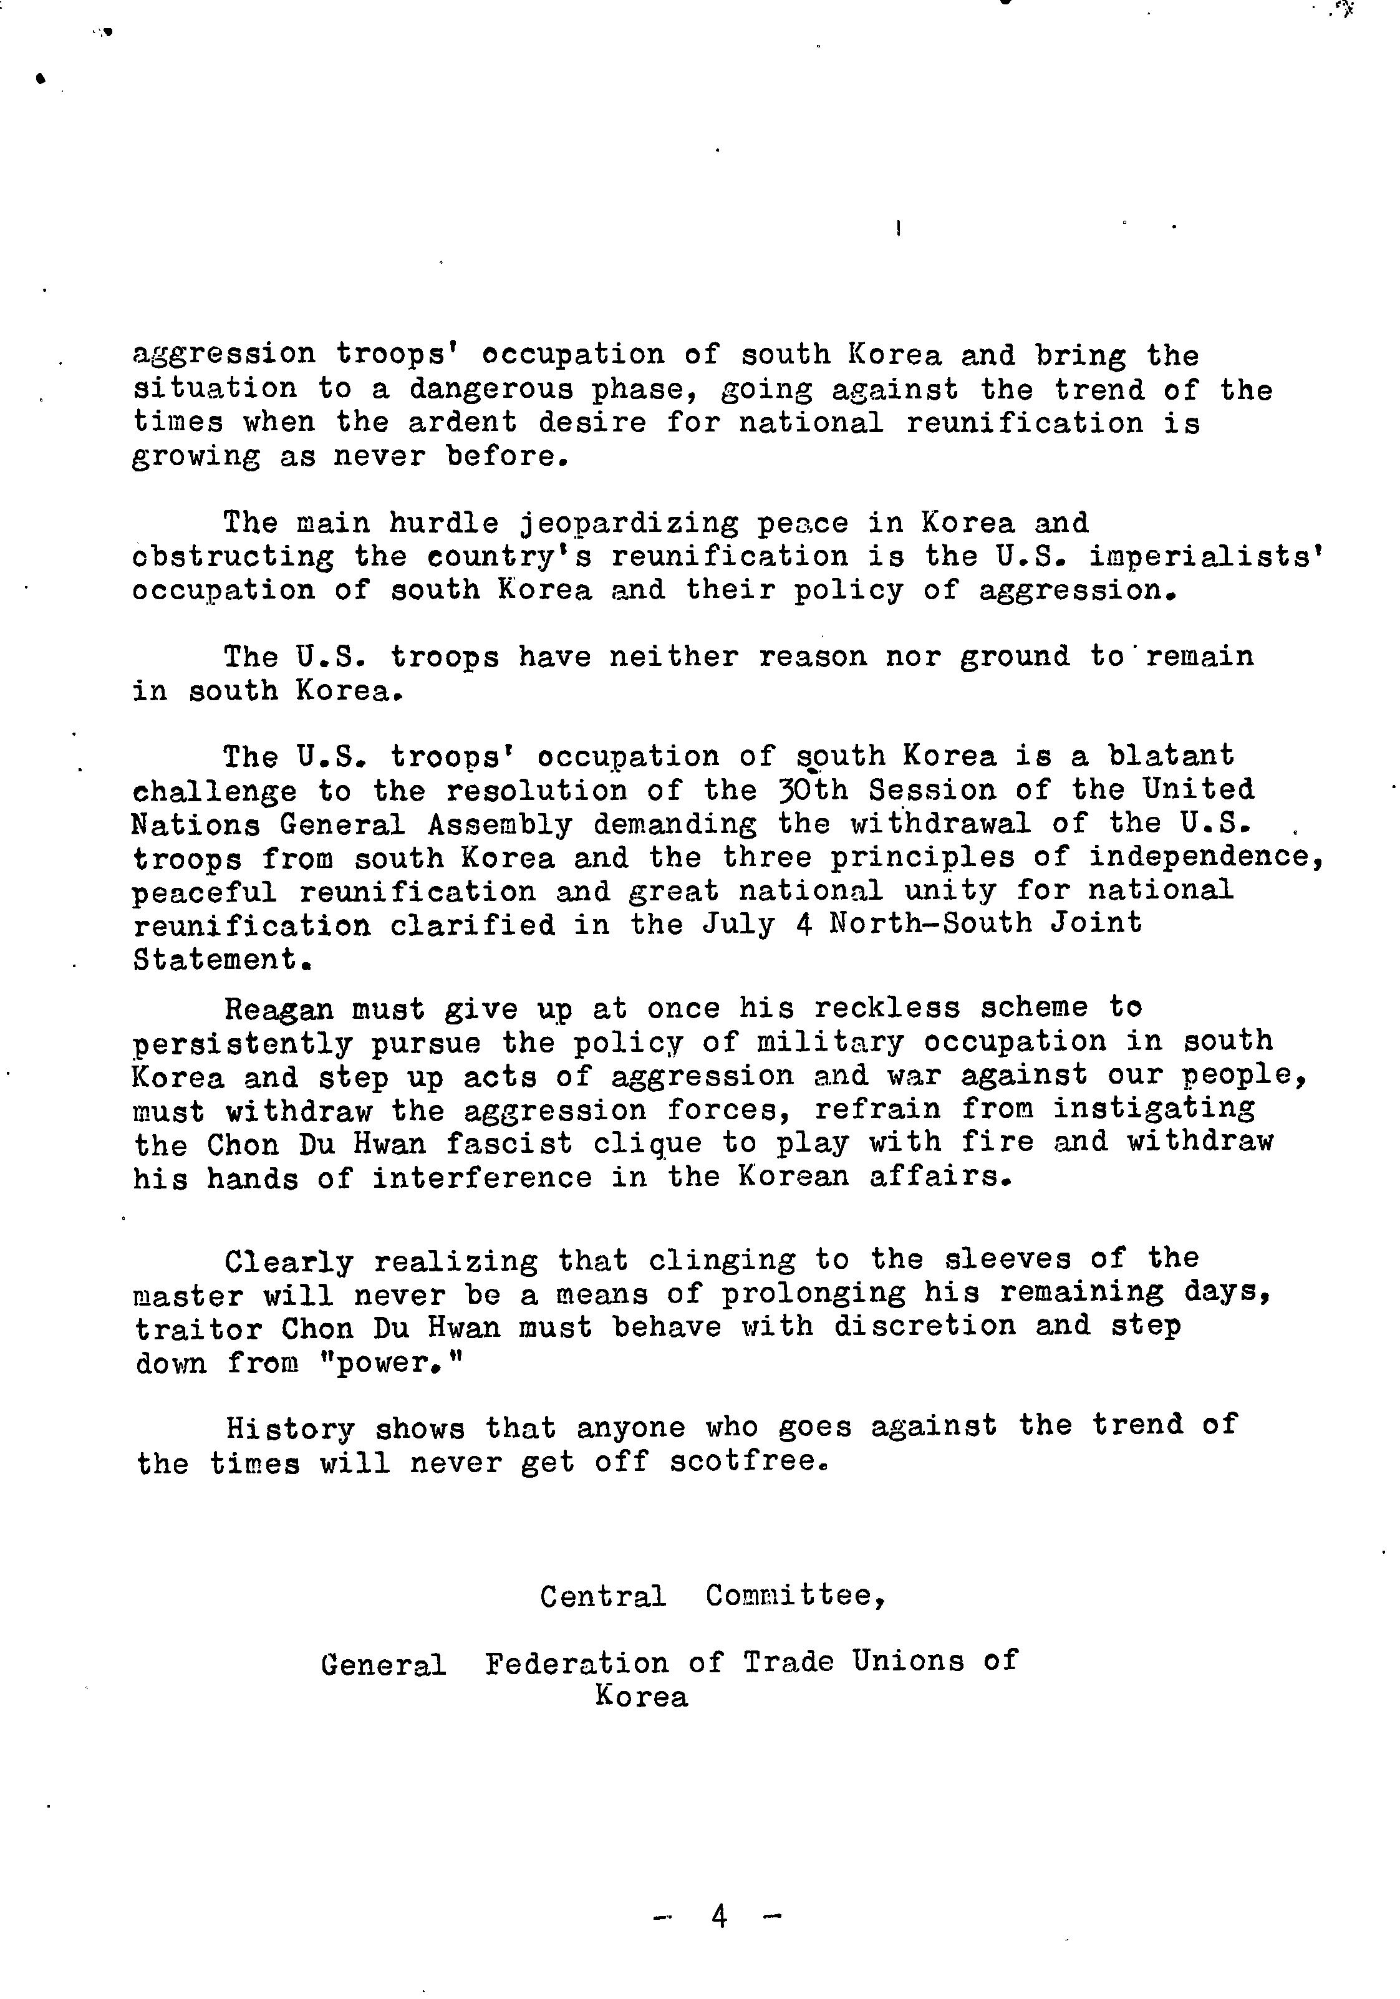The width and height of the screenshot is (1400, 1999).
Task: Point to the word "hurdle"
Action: [443, 523]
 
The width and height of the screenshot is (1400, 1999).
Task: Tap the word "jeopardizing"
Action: [629, 523]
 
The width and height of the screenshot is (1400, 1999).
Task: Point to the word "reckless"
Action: [886, 1008]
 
